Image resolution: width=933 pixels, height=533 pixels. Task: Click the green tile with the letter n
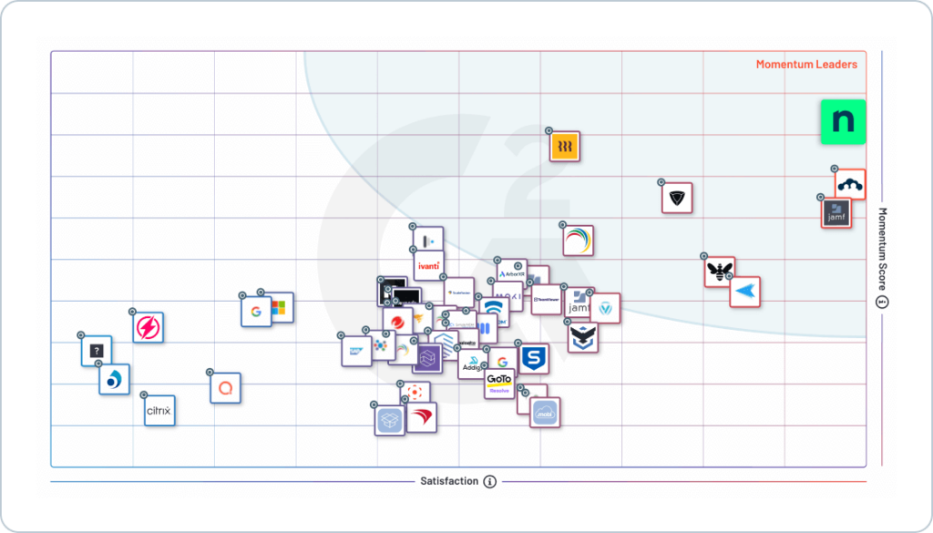point(843,122)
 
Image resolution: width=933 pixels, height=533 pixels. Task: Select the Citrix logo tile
point(159,411)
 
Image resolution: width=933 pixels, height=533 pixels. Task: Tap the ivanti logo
point(428,266)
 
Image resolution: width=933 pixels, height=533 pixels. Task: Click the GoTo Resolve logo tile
point(499,384)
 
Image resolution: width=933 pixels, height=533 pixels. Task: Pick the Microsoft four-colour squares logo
point(279,308)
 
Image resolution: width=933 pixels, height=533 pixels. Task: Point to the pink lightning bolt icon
point(148,327)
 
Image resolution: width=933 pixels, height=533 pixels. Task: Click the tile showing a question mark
point(97,351)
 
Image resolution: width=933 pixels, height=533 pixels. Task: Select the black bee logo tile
point(720,272)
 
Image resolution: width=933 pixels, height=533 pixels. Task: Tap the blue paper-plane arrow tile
point(745,292)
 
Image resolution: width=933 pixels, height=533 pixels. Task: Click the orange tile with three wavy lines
point(565,147)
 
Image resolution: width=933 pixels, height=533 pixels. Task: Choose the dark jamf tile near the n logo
point(836,213)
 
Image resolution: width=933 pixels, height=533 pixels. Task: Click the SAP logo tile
point(355,350)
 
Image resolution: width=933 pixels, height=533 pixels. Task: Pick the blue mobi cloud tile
point(545,412)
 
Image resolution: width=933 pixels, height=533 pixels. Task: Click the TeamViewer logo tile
point(547,299)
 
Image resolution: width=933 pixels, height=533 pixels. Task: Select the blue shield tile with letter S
point(533,358)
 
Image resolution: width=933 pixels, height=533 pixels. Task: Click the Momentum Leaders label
point(806,65)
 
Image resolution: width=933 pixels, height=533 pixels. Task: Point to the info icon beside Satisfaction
point(490,481)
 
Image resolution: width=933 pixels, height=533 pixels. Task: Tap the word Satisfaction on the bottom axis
point(448,481)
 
